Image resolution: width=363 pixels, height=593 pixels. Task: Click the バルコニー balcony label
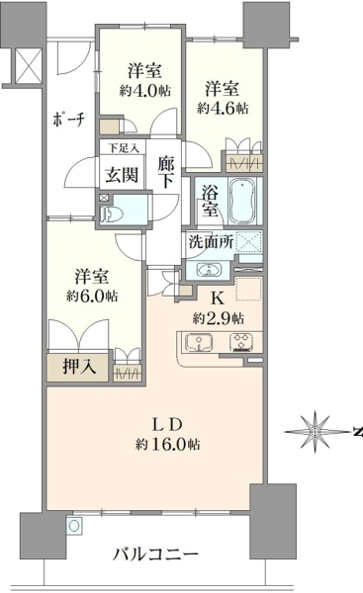tap(155, 554)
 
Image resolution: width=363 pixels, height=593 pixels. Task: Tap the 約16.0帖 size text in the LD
tap(168, 445)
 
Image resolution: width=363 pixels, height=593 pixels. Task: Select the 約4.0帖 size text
tap(145, 91)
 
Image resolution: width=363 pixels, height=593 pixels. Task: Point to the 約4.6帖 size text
tap(223, 109)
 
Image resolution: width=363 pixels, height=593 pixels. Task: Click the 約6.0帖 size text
tap(92, 296)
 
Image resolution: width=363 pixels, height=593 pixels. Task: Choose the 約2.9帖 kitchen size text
tap(219, 318)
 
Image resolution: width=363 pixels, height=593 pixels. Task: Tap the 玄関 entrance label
tap(122, 175)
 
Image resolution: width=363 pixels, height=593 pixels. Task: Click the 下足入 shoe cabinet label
tap(123, 148)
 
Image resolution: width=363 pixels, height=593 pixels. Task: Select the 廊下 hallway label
tap(166, 172)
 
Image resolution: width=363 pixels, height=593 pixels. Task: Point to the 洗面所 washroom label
tap(211, 242)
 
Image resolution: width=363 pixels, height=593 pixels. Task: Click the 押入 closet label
tap(80, 366)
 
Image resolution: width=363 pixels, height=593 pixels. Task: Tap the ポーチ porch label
tap(68, 119)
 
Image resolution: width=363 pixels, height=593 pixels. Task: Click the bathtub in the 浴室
tap(242, 202)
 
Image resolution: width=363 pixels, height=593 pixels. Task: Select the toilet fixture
tap(112, 215)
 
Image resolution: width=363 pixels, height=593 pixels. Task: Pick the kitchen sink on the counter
tap(199, 342)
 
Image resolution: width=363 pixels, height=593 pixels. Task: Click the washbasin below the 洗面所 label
tap(208, 270)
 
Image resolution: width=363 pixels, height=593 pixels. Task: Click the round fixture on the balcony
tap(74, 526)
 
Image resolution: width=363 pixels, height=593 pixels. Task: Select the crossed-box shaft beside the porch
tap(29, 67)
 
